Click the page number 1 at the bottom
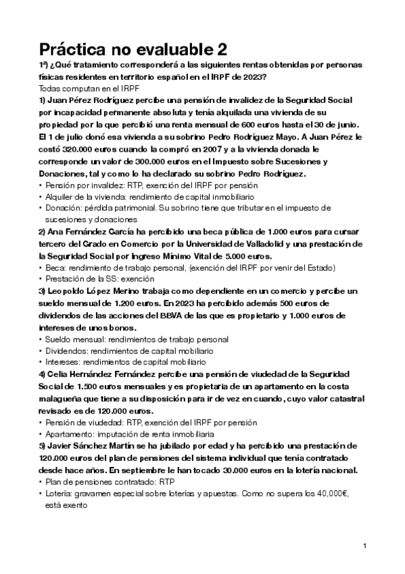(x=364, y=546)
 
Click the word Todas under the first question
(x=51, y=89)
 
